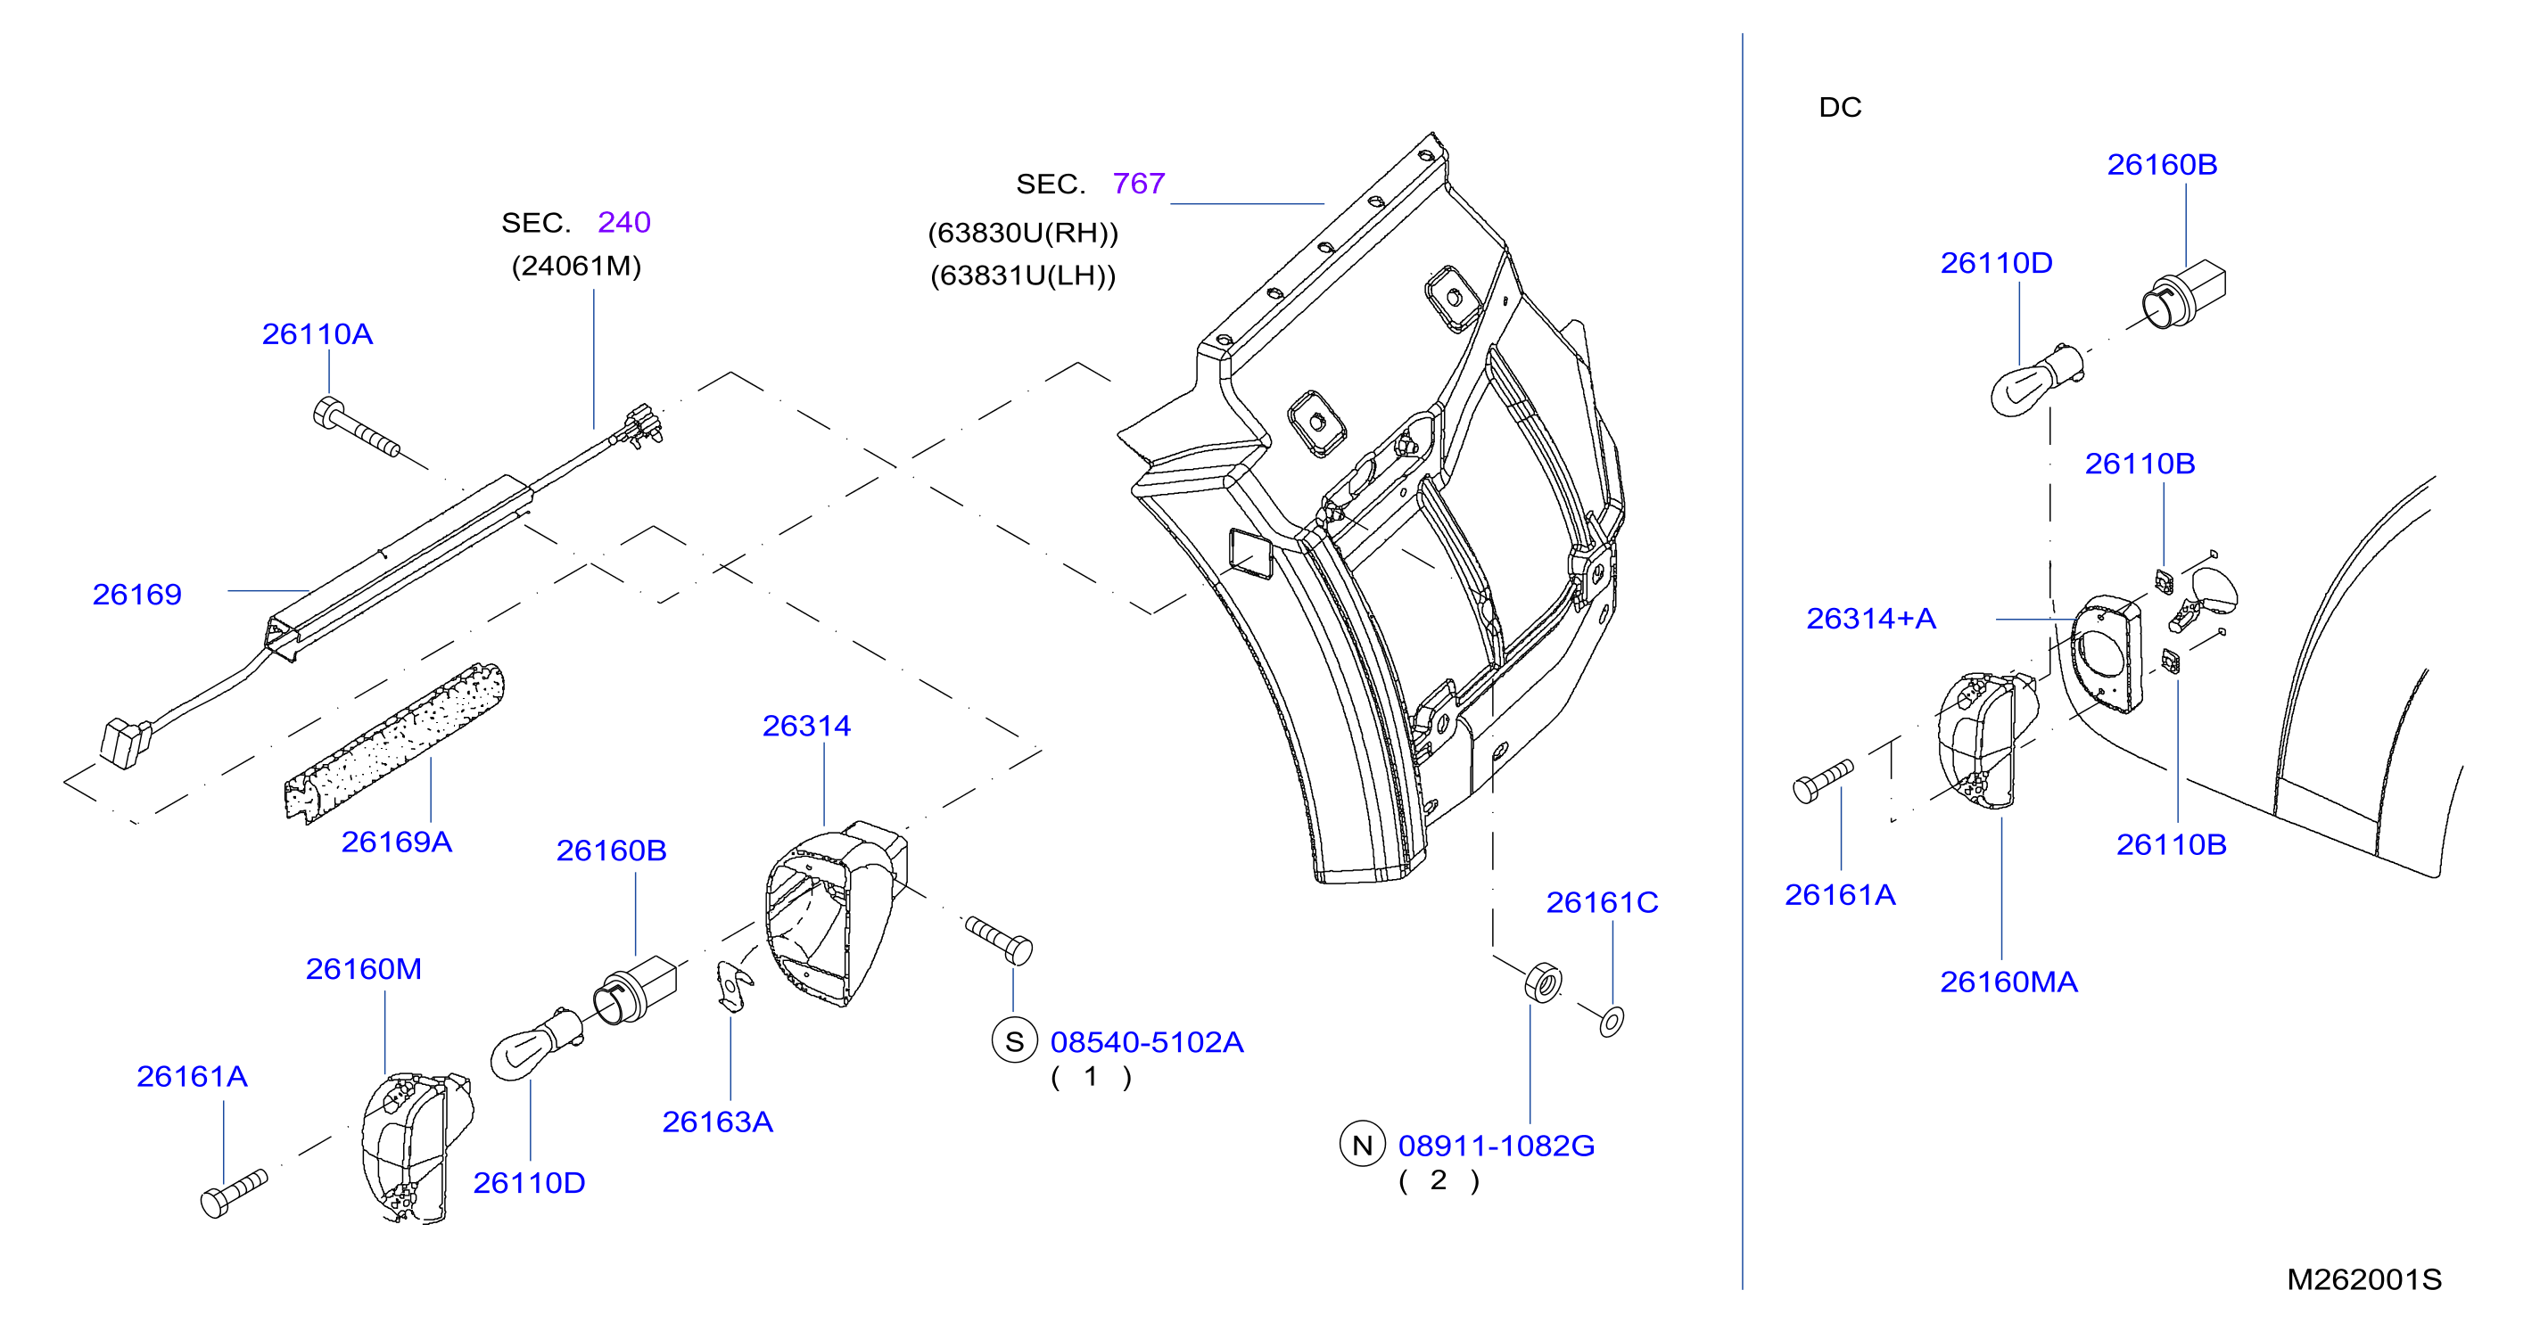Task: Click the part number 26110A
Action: click(317, 334)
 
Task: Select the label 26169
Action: click(137, 595)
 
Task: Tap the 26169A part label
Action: click(396, 842)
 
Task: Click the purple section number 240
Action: click(624, 222)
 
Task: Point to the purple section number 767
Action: click(1139, 184)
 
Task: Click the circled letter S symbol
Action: click(1015, 1041)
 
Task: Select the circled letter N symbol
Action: click(1363, 1145)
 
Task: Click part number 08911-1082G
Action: click(1496, 1146)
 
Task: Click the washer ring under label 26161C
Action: click(1612, 1023)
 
